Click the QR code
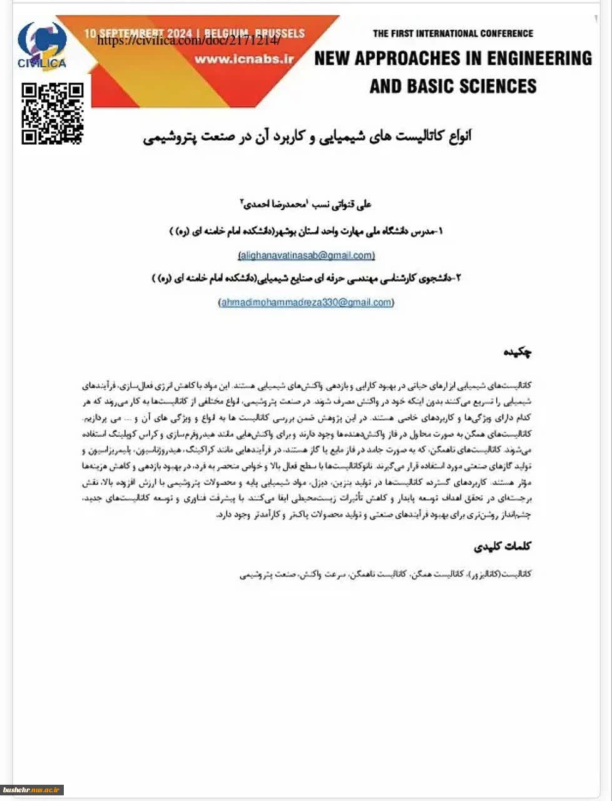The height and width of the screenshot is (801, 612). pos(53,113)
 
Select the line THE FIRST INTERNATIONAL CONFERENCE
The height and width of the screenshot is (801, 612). pos(453,33)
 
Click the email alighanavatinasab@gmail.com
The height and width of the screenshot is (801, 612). pos(307,255)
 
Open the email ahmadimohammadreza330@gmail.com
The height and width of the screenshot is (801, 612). pos(307,302)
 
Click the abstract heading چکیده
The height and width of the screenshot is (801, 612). pos(518,352)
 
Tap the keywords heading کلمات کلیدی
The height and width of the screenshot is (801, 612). pos(502,546)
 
